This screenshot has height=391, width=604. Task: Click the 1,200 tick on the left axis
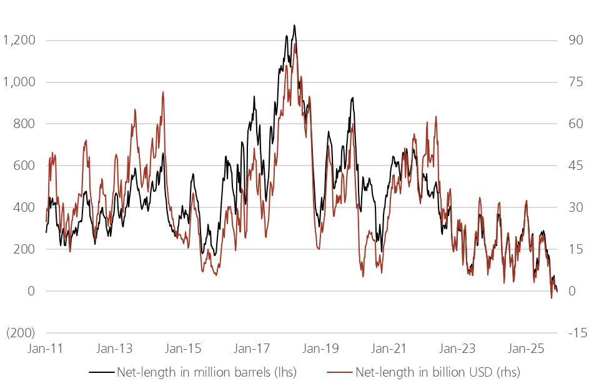19,41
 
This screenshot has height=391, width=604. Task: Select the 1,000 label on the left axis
19,82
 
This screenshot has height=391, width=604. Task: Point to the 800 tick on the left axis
25,124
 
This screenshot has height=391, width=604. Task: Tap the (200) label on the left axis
21,333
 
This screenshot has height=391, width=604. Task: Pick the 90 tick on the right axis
575,41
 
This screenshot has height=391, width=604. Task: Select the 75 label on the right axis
575,82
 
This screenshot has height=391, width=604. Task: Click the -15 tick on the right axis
575,333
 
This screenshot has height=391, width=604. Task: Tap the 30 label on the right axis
575,208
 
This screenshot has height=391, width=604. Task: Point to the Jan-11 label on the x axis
46,349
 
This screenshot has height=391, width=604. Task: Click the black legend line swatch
101,373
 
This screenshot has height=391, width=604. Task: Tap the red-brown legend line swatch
340,373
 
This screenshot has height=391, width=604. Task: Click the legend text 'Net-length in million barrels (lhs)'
206,373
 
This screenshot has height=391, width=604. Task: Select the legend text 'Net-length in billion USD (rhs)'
437,373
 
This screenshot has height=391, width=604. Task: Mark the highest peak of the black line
294,26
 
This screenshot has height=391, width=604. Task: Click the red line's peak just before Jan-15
163,92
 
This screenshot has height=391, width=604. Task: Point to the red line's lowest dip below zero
552,298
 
